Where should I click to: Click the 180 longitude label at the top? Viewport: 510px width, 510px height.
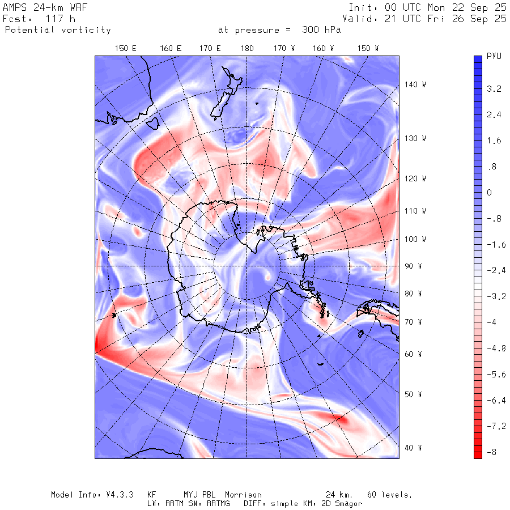(247, 49)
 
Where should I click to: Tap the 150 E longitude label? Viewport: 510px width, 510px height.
(126, 49)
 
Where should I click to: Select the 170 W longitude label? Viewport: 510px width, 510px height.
(284, 49)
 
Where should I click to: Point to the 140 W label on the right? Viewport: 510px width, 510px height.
(415, 84)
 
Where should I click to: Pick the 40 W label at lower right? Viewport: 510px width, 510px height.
(413, 448)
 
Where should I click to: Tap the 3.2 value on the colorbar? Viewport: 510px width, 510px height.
(494, 89)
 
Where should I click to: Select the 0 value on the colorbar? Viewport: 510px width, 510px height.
(490, 193)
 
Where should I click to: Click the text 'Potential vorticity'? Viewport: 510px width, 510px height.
(58, 30)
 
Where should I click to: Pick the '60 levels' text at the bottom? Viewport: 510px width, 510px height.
(389, 495)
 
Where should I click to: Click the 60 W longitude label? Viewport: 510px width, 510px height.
(413, 355)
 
